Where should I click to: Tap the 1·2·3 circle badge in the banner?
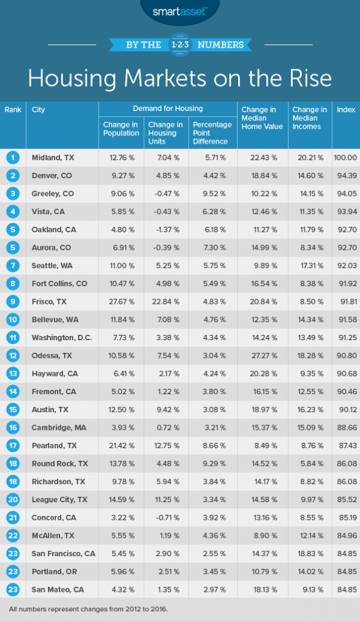tap(181, 45)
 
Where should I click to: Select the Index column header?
tap(345, 110)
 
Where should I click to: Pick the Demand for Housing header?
tap(168, 109)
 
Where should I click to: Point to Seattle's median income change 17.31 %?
tap(310, 266)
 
